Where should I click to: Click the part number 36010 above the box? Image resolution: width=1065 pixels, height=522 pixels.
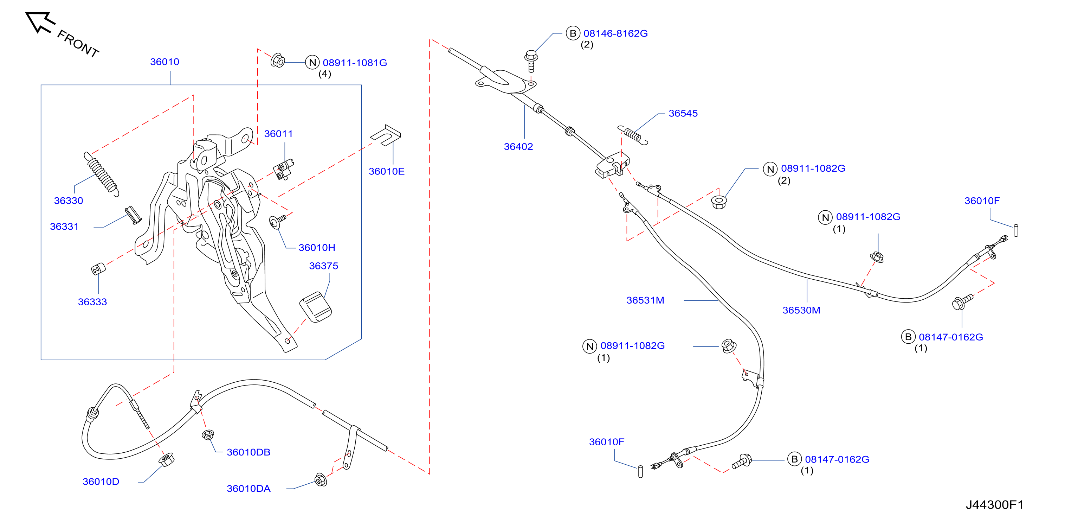click(x=164, y=62)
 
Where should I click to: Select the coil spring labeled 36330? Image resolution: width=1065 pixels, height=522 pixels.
click(x=102, y=174)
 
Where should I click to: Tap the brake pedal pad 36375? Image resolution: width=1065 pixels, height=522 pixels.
click(x=315, y=307)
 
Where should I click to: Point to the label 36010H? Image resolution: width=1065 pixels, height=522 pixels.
click(x=317, y=248)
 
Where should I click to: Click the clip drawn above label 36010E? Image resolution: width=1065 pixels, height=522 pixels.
click(x=386, y=135)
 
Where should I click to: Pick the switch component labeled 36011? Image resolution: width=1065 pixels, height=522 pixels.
click(x=284, y=170)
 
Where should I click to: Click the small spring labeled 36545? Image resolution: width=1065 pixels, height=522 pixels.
click(x=633, y=135)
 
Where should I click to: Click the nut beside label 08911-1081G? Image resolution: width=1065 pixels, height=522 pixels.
click(x=278, y=61)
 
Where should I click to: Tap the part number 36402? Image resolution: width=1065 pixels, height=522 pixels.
click(x=518, y=147)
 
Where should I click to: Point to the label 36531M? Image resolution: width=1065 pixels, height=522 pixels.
click(x=645, y=301)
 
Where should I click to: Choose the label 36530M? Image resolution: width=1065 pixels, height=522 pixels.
click(x=801, y=311)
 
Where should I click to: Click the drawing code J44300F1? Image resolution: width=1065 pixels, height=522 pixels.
click(x=995, y=505)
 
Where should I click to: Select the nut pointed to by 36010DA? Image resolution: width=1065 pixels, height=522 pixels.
click(x=321, y=480)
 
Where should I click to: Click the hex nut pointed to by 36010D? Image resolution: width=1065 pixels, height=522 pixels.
click(x=166, y=459)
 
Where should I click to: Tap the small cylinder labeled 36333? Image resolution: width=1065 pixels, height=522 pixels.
click(x=98, y=269)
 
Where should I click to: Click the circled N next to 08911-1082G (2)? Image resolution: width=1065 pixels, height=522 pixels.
click(x=770, y=169)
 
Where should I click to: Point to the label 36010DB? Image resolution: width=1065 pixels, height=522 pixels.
click(x=248, y=452)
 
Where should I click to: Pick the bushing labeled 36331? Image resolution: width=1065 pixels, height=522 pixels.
click(x=134, y=215)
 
